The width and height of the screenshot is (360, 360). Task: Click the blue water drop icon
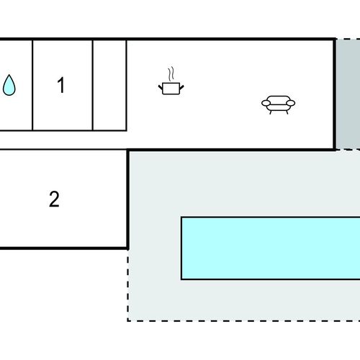(9, 85)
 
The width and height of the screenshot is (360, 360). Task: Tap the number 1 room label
(61, 85)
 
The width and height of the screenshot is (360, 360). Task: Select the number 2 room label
(54, 199)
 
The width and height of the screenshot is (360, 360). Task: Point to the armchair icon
(279, 104)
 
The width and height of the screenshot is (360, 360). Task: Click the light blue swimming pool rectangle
(271, 248)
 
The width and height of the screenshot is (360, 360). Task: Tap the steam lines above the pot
(171, 73)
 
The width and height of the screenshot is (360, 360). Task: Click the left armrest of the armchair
(266, 103)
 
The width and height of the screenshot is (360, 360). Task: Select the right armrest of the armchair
(291, 103)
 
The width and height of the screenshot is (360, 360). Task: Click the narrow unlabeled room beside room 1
(109, 85)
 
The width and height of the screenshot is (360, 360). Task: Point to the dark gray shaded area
(348, 94)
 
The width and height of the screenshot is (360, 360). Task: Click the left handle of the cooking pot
(161, 87)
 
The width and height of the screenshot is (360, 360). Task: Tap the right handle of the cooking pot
(182, 87)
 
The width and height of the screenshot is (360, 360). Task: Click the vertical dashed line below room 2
(127, 285)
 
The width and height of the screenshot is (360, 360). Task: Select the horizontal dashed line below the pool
(243, 320)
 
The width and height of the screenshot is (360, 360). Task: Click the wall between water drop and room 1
(32, 85)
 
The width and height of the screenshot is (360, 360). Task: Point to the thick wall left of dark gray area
(335, 94)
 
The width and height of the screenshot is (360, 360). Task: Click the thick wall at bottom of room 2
(63, 248)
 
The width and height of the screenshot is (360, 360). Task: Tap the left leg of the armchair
(271, 112)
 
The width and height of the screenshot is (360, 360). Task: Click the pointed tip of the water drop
(9, 75)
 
